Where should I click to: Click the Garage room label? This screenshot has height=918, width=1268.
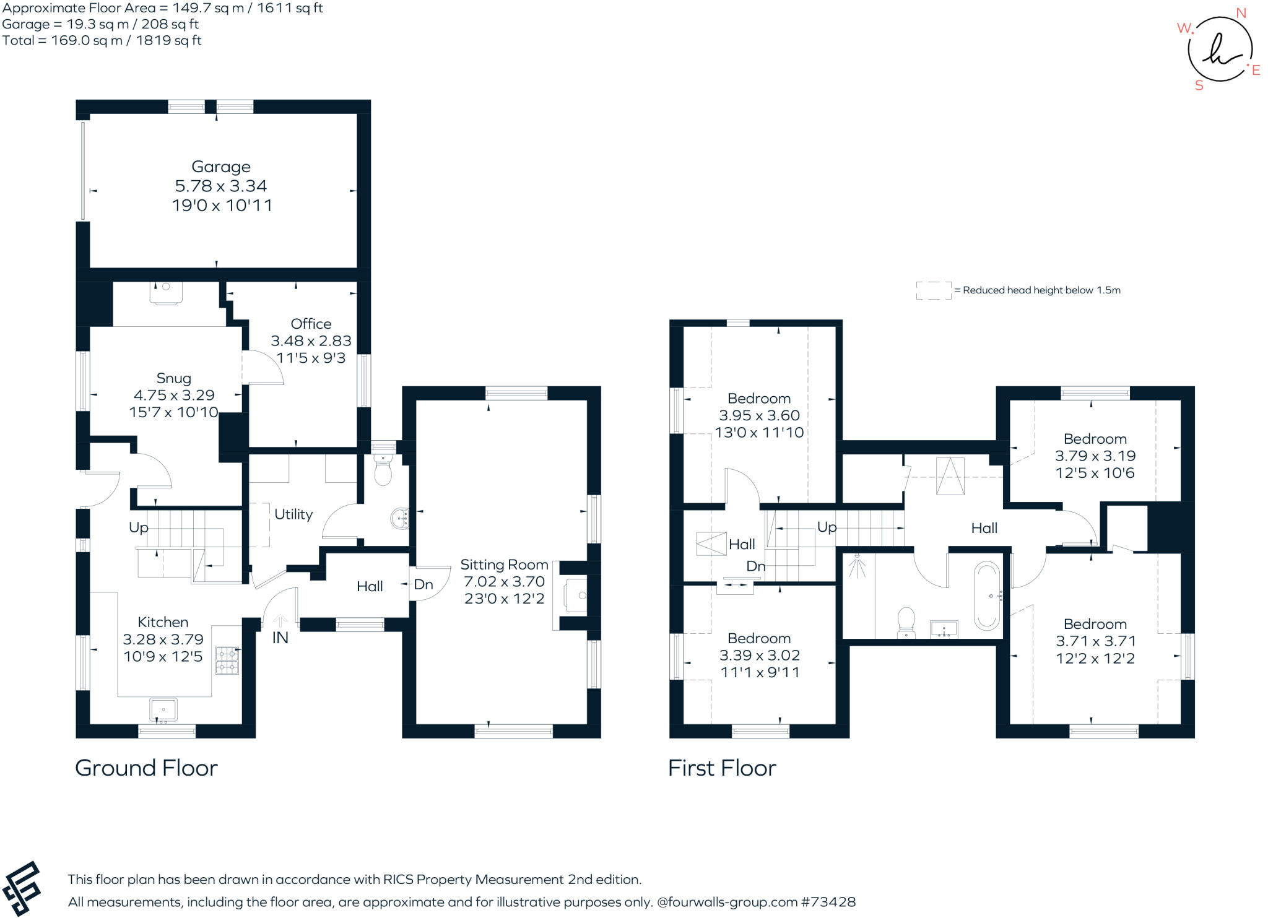(220, 167)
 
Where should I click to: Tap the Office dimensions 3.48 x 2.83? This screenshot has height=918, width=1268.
(311, 341)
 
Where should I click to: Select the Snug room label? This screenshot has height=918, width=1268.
(173, 378)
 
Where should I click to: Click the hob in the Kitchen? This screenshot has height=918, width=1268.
(227, 660)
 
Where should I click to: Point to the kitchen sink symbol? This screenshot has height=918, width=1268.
(163, 709)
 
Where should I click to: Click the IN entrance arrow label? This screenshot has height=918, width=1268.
(280, 638)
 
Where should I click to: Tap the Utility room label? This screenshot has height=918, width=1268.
(293, 514)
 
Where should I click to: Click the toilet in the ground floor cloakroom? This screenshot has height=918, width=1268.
(384, 471)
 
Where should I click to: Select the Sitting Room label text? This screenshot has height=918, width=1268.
(504, 565)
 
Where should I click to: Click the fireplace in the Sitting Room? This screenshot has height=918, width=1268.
(575, 595)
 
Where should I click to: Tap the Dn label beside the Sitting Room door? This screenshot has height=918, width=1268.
(423, 584)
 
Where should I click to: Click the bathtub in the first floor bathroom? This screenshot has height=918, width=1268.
(987, 596)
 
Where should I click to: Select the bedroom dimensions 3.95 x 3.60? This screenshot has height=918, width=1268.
(759, 415)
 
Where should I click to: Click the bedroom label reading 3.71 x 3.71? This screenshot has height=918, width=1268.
(1095, 641)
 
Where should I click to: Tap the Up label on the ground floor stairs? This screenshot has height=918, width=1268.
(138, 527)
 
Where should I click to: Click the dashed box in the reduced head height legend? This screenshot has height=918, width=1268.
(933, 290)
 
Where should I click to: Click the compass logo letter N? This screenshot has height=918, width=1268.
(1241, 14)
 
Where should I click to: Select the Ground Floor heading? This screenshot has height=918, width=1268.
(146, 768)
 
